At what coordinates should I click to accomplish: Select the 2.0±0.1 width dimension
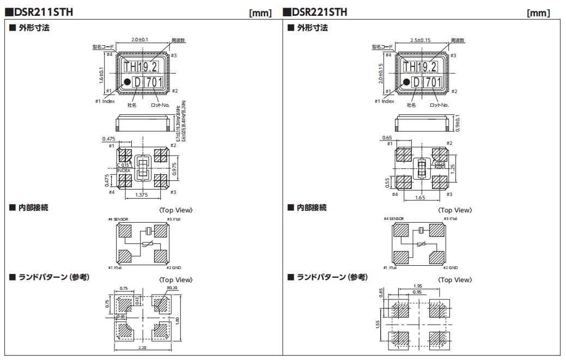tap(143, 40)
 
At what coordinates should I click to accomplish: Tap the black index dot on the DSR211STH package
tap(126, 82)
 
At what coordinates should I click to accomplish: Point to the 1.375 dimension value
tap(142, 194)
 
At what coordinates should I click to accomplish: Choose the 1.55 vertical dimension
tap(378, 326)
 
